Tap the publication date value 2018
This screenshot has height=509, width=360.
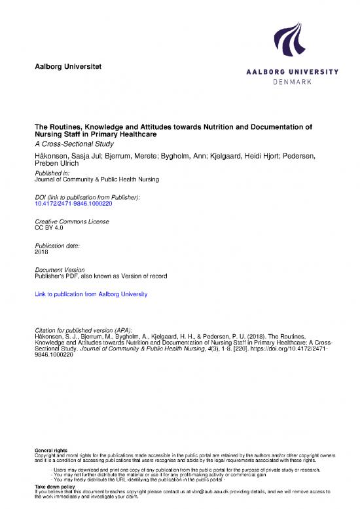(41, 252)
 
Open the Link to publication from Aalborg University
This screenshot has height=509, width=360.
(90, 295)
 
